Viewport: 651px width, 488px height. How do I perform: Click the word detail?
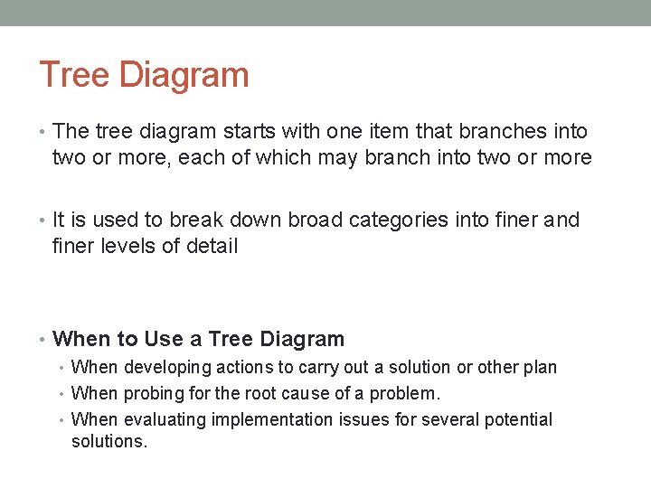[212, 246]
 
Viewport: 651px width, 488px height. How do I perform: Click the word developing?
[164, 368]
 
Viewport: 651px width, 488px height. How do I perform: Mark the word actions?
[244, 368]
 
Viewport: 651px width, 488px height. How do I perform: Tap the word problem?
[406, 394]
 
